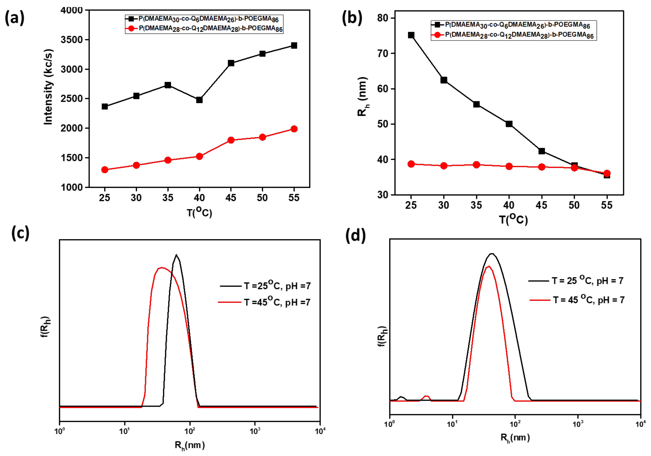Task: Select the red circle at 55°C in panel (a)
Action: pos(294,129)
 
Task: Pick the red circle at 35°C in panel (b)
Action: pos(476,165)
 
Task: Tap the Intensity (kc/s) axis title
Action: pos(48,87)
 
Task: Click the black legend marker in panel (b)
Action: pos(437,25)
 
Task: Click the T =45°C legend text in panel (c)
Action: pos(277,302)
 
